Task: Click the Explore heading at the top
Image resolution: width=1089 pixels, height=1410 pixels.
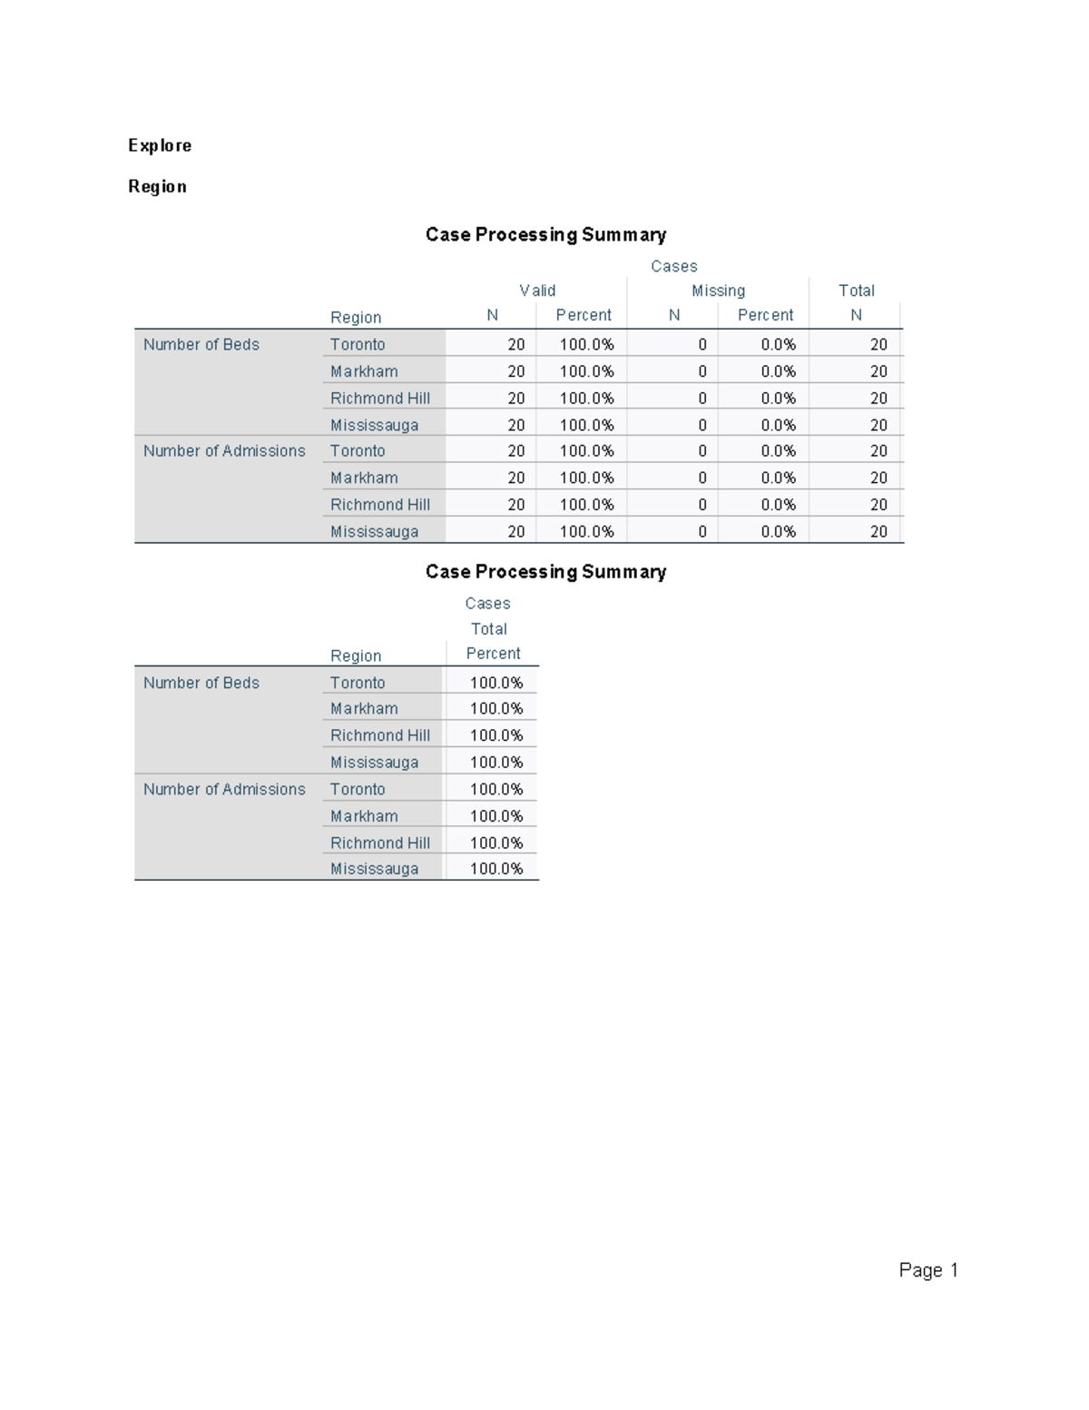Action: (160, 145)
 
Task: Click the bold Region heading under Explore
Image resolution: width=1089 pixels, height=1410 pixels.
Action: (157, 186)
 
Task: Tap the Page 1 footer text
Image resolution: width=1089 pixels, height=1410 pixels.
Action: (928, 1269)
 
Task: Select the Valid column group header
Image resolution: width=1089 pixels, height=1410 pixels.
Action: (537, 291)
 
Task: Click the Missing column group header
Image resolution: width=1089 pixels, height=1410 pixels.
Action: (718, 291)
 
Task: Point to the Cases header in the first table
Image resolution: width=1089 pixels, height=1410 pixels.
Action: (673, 266)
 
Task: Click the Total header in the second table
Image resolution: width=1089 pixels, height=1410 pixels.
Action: (488, 628)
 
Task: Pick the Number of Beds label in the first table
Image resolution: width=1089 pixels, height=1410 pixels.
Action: (201, 344)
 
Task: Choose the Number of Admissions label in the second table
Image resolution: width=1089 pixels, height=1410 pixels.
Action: (224, 789)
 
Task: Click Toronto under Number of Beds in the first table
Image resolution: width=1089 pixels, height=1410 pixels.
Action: (358, 344)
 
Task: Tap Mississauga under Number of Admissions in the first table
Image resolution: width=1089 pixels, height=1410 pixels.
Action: (374, 531)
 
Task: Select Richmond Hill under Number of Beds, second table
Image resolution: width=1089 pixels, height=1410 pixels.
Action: (380, 735)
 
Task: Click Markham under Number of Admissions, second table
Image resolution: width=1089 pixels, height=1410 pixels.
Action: (364, 816)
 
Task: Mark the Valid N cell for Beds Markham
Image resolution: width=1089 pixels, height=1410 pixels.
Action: (515, 371)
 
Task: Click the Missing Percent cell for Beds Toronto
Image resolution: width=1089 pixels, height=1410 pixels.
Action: (778, 344)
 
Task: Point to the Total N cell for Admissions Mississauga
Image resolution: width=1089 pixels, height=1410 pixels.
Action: (878, 531)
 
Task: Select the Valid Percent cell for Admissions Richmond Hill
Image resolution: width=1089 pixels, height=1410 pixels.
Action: (586, 505)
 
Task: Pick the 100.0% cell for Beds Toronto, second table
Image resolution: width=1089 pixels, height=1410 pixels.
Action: (496, 683)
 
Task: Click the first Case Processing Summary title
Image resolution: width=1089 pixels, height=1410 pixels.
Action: (545, 234)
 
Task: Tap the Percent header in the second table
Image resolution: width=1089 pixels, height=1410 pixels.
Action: (493, 654)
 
